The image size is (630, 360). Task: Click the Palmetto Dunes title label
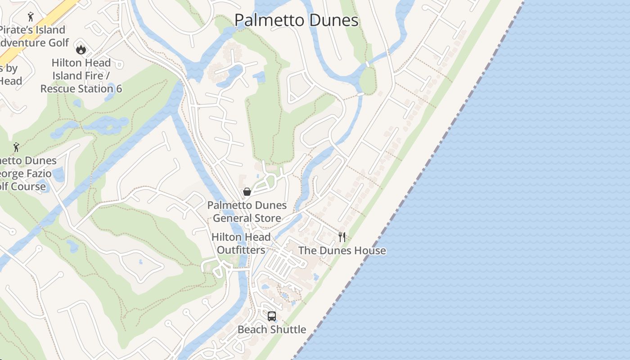tap(297, 21)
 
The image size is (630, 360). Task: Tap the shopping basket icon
tap(247, 192)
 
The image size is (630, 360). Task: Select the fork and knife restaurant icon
tap(342, 237)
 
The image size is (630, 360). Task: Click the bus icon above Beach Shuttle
tap(272, 316)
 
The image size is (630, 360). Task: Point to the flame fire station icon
tap(81, 49)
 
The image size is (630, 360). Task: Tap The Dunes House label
tap(342, 251)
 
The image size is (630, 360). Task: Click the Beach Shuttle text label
tap(272, 329)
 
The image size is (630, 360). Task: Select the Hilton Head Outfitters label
tap(241, 243)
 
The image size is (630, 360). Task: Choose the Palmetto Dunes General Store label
tap(247, 211)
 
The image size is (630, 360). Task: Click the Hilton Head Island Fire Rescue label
tap(81, 76)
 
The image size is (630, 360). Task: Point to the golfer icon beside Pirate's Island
tap(31, 17)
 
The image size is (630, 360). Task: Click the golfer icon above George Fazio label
tap(16, 147)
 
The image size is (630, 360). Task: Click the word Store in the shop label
tap(266, 218)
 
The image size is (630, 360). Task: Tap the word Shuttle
tap(288, 329)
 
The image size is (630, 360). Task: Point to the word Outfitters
tap(241, 250)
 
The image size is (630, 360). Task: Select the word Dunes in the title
tap(332, 21)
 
